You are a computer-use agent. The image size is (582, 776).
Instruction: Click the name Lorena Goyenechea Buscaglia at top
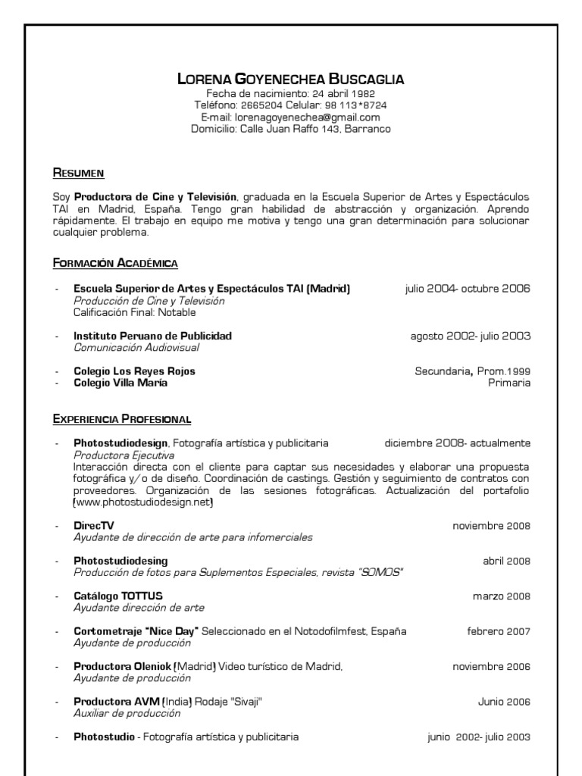pos(291,79)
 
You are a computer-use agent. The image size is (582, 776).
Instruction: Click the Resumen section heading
pos(78,173)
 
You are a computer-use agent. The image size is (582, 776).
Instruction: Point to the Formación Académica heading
pos(115,263)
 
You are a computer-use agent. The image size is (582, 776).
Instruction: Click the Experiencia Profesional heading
pos(121,418)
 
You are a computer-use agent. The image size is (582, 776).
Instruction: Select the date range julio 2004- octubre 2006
pos(468,289)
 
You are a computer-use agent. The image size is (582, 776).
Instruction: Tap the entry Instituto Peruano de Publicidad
pos(152,336)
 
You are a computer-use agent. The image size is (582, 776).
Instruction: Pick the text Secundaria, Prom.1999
pos(472,371)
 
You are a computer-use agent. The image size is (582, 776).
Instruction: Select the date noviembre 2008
pos(491,526)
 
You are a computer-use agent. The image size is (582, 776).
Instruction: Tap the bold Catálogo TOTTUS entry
pos(117,596)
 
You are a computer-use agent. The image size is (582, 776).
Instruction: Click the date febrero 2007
pos(498,631)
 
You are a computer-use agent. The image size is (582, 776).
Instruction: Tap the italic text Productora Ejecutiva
pos(124,455)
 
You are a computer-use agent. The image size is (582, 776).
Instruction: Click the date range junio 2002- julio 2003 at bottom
pos(479,737)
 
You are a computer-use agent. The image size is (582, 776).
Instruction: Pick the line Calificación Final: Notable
pos(134,311)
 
